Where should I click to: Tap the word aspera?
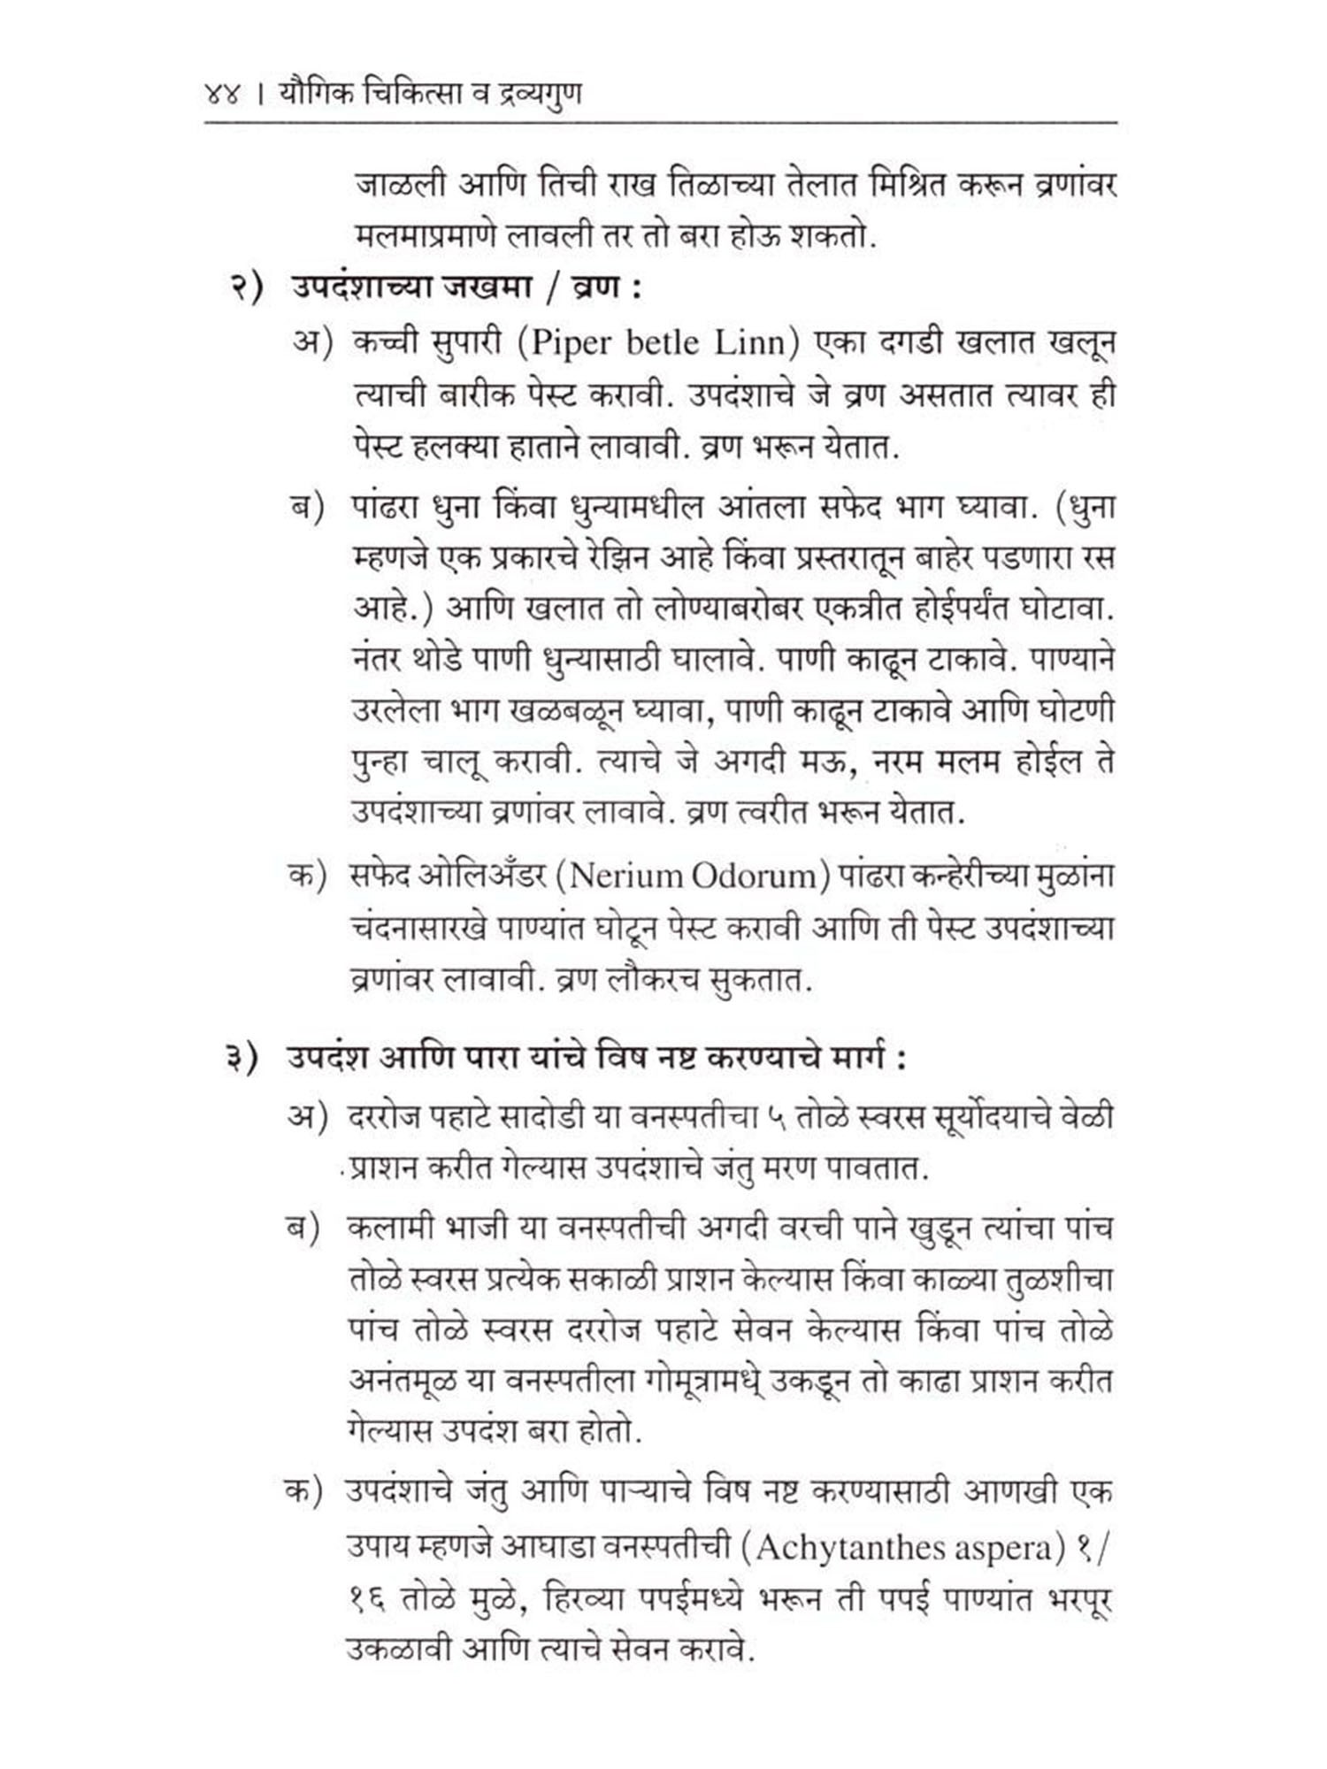[x=1004, y=1549]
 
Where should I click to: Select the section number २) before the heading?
[x=247, y=291]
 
